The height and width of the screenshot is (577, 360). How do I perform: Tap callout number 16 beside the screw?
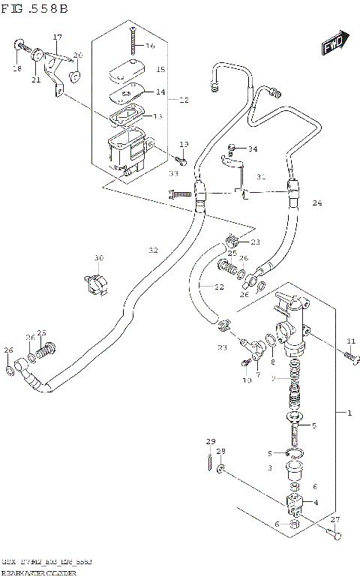150,46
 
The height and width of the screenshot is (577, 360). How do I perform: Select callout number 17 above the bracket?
56,37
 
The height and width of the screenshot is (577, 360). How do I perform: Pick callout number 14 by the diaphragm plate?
159,92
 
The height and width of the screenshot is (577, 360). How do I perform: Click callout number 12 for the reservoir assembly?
184,99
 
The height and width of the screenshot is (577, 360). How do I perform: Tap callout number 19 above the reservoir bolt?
184,144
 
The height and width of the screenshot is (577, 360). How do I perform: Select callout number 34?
252,149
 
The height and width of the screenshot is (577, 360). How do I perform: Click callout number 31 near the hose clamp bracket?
261,177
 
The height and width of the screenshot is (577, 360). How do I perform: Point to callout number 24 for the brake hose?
316,203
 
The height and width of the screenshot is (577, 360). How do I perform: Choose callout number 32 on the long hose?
153,250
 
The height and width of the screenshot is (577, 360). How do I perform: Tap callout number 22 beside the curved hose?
218,287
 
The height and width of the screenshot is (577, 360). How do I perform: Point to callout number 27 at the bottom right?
334,519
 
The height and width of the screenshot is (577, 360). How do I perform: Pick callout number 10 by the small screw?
247,380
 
